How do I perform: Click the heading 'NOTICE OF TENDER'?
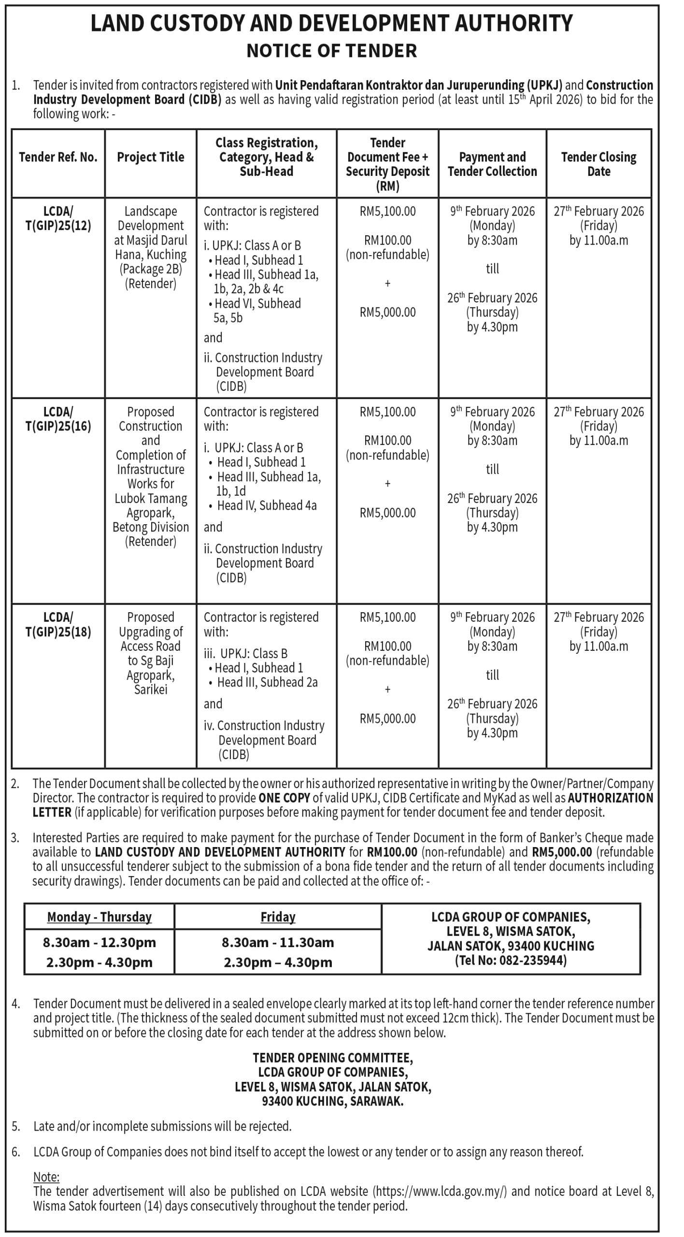pyautogui.click(x=331, y=51)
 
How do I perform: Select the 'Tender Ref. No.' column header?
pyautogui.click(x=58, y=157)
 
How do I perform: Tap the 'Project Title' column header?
pyautogui.click(x=151, y=157)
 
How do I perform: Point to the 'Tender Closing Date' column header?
pyautogui.click(x=598, y=164)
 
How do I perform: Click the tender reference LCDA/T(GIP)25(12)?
pyautogui.click(x=58, y=218)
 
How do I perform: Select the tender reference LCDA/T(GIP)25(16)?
pyautogui.click(x=58, y=419)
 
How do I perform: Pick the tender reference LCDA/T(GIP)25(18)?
pyautogui.click(x=58, y=624)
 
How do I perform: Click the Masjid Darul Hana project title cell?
pyautogui.click(x=151, y=247)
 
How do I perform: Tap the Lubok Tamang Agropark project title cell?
pyautogui.click(x=151, y=476)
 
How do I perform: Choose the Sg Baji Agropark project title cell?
pyautogui.click(x=151, y=653)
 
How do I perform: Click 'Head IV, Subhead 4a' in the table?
pyautogui.click(x=267, y=505)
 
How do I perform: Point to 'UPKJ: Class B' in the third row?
pyautogui.click(x=253, y=653)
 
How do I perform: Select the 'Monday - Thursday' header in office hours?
pyautogui.click(x=99, y=917)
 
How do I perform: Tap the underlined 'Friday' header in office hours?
pyautogui.click(x=278, y=917)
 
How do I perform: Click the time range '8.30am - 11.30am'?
pyautogui.click(x=278, y=942)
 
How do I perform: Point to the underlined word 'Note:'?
pyautogui.click(x=46, y=1177)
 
